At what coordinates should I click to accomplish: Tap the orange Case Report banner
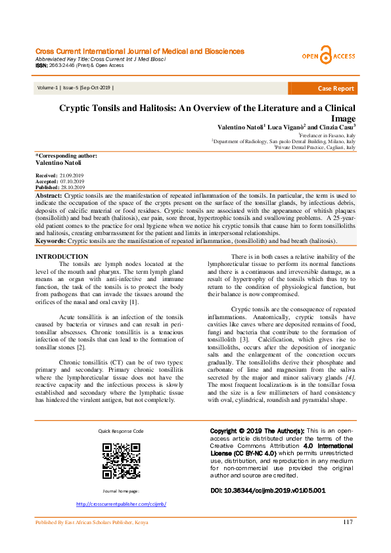pos(335,88)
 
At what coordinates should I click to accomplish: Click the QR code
pos(121,460)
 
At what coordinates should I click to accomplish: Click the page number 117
pos(348,522)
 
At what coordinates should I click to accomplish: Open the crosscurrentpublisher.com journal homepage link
pos(121,504)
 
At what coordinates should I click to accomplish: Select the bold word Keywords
pos(51,241)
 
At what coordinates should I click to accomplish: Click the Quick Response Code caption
pos(121,431)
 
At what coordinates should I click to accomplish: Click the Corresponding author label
pos(66,156)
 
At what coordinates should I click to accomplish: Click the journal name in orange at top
pos(139,51)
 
